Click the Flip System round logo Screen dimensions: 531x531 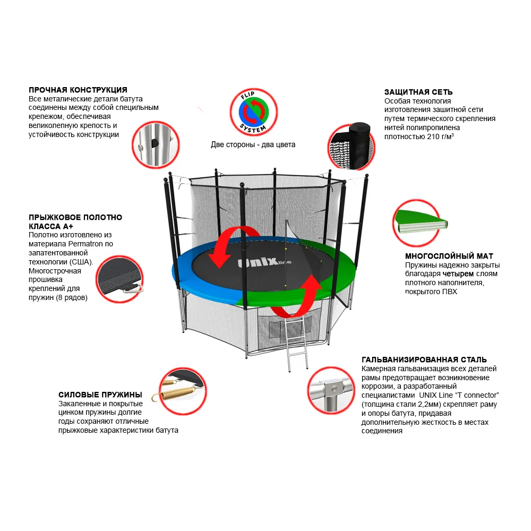(x=253, y=112)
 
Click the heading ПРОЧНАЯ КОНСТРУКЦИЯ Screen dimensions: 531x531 (x=78, y=90)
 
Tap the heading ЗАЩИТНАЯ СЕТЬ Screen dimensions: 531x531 (x=418, y=92)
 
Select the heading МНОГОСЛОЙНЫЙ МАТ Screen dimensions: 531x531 (x=449, y=256)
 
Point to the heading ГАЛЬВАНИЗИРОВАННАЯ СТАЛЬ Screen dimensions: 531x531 (x=424, y=359)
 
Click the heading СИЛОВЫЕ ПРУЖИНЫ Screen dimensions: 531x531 (x=100, y=395)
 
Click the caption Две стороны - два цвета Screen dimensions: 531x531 (x=253, y=144)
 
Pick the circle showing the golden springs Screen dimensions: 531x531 (x=182, y=391)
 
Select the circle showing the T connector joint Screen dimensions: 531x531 (x=331, y=390)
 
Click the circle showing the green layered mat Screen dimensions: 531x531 (x=417, y=222)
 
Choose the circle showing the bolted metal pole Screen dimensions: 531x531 (x=156, y=145)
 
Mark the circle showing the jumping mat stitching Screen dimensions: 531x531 (x=119, y=279)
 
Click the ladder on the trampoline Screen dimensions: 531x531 (x=296, y=342)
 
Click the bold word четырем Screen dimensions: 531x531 (x=458, y=274)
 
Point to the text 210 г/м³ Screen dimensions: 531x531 (x=441, y=136)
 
